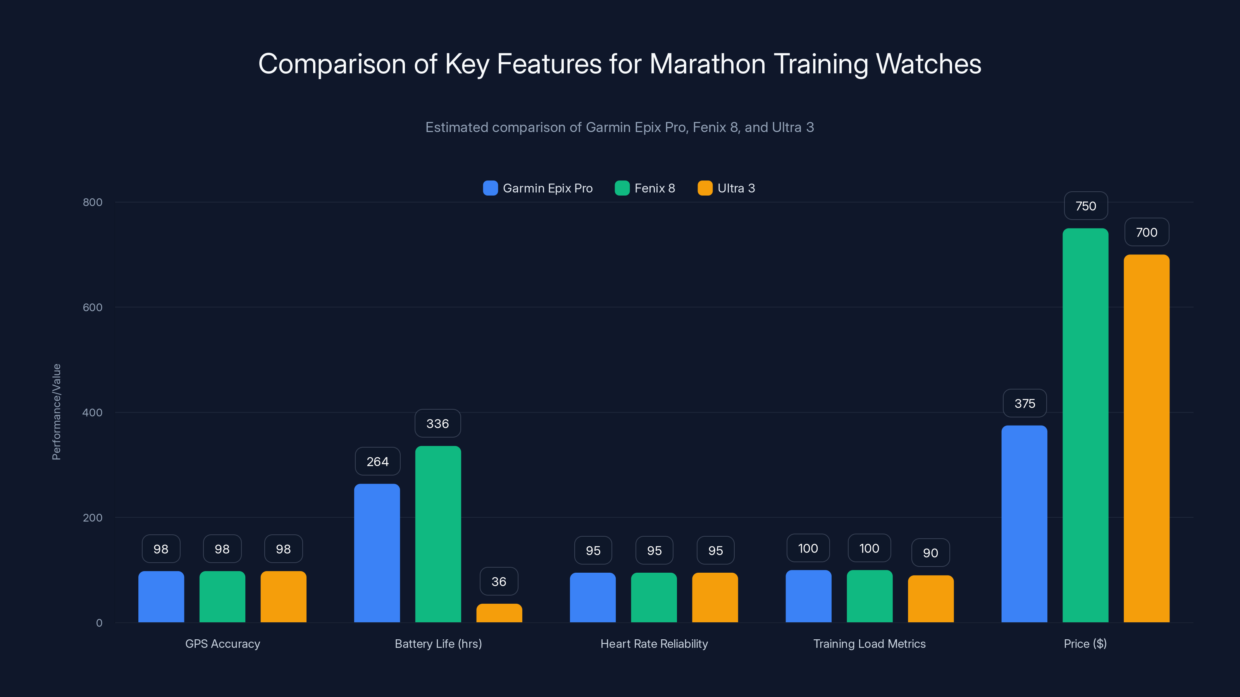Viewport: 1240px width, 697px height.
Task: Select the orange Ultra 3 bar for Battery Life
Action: click(499, 613)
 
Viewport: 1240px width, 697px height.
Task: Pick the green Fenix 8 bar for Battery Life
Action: click(438, 534)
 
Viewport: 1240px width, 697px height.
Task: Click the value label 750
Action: click(1085, 206)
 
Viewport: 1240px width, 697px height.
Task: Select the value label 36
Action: click(499, 582)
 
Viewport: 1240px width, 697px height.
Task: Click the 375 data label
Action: click(1024, 403)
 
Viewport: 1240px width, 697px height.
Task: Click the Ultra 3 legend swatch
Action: click(705, 188)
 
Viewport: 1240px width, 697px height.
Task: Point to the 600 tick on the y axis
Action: click(93, 307)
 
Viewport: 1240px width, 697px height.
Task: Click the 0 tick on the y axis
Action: click(99, 623)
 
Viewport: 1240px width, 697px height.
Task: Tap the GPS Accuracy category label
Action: click(222, 644)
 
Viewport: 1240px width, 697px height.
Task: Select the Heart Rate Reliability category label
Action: click(654, 644)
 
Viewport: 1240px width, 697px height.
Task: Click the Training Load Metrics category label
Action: click(869, 644)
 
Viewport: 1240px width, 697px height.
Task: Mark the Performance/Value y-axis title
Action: click(56, 412)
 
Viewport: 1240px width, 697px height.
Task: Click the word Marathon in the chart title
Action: click(707, 64)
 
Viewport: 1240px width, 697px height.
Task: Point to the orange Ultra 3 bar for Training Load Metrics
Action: click(930, 599)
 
